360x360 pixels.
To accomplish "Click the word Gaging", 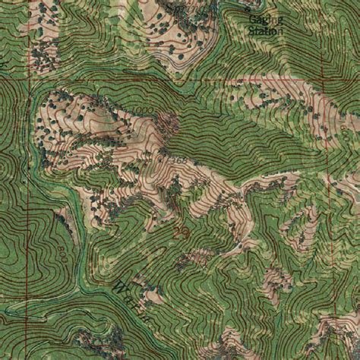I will pos(264,21).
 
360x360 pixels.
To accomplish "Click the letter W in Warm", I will pos(120,287).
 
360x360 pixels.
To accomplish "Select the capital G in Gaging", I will pos(252,21).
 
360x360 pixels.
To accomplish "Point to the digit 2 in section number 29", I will pos(178,230).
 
